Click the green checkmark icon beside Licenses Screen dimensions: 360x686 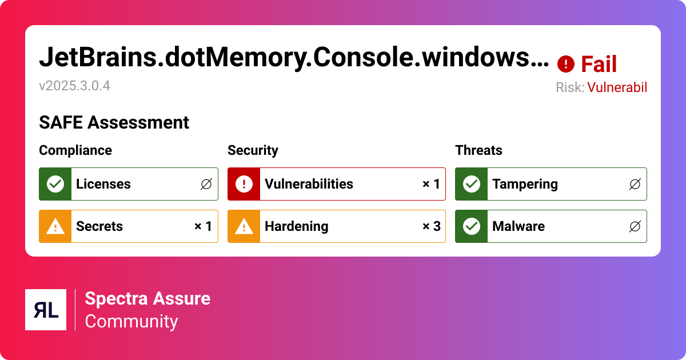pyautogui.click(x=55, y=184)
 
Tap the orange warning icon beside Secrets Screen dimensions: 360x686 pyautogui.click(x=55, y=226)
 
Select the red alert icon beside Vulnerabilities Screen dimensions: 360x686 pyautogui.click(x=244, y=184)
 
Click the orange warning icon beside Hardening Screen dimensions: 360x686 pyautogui.click(x=244, y=226)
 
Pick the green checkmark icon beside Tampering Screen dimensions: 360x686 pyautogui.click(x=471, y=184)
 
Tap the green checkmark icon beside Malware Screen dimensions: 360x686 pyautogui.click(x=471, y=226)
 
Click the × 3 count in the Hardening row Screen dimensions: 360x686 pyautogui.click(x=431, y=226)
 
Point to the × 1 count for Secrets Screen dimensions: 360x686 pyautogui.click(x=203, y=226)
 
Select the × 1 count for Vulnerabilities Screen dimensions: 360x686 pyautogui.click(x=431, y=184)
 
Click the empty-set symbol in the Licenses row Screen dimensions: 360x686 pyautogui.click(x=206, y=184)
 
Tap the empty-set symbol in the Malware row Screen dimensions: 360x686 pyautogui.click(x=635, y=226)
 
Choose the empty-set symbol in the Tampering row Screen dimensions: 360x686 pyautogui.click(x=635, y=184)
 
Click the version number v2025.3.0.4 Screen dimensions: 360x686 pyautogui.click(x=74, y=86)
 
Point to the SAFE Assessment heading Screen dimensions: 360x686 pyautogui.click(x=114, y=122)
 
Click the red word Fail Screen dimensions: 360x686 pyautogui.click(x=599, y=65)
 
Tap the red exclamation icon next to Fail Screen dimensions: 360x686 pyautogui.click(x=565, y=64)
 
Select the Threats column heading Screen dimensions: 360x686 pyautogui.click(x=478, y=150)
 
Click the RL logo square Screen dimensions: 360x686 pyautogui.click(x=46, y=310)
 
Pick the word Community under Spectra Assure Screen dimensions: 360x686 pyautogui.click(x=131, y=321)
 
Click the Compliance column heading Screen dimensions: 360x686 pyautogui.click(x=75, y=150)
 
